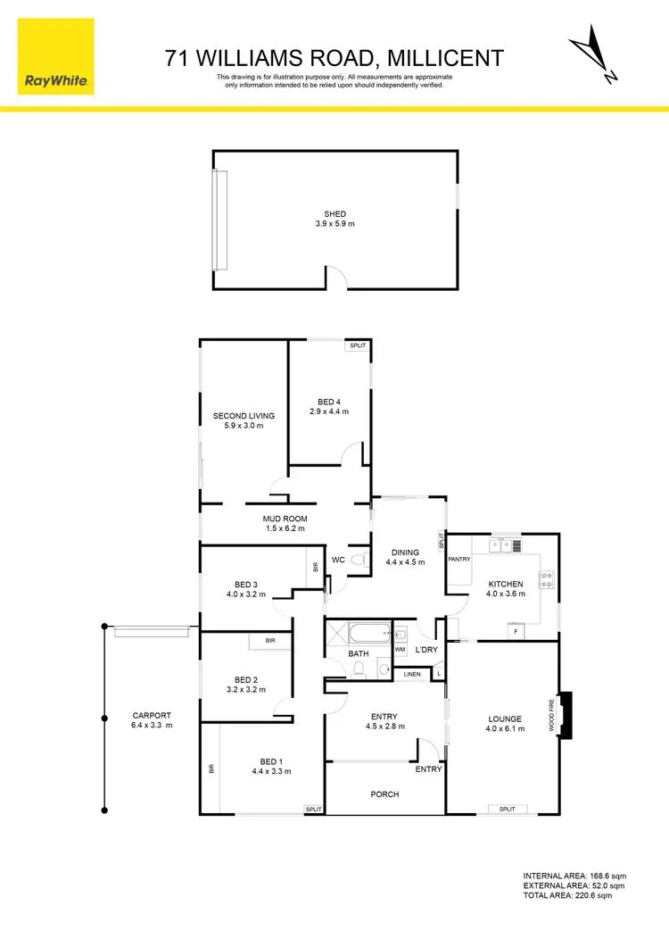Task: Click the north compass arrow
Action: point(593,55)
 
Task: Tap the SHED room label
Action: point(334,214)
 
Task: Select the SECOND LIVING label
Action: point(244,416)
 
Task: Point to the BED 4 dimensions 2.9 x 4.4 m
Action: point(328,411)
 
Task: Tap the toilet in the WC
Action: point(359,560)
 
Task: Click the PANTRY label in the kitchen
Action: point(459,559)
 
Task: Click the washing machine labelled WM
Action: point(400,650)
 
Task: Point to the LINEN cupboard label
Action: point(412,674)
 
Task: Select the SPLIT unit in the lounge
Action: point(507,809)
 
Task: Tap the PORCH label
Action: point(384,793)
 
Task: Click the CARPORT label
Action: point(151,715)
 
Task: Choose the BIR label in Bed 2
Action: point(269,641)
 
